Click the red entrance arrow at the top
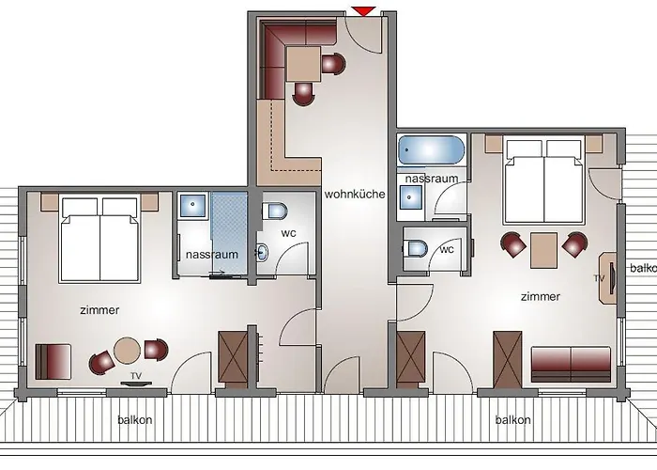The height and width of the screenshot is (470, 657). click(x=364, y=10)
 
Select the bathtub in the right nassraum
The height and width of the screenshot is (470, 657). click(x=431, y=151)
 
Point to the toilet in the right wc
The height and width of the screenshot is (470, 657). click(x=417, y=249)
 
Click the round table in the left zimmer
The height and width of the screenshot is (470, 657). click(x=129, y=352)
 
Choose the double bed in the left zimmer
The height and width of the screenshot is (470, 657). click(x=98, y=239)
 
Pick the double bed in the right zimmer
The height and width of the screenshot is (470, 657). click(x=544, y=178)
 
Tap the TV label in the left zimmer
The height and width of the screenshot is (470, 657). click(x=136, y=376)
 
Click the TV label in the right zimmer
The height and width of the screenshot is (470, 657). click(x=598, y=279)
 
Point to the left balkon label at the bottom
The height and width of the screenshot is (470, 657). click(x=134, y=420)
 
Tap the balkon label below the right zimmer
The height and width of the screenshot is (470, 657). click(x=513, y=420)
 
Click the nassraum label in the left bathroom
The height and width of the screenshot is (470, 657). click(x=211, y=254)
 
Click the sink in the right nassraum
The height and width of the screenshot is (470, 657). click(x=410, y=196)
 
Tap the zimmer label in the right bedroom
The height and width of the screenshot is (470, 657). click(x=540, y=297)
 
